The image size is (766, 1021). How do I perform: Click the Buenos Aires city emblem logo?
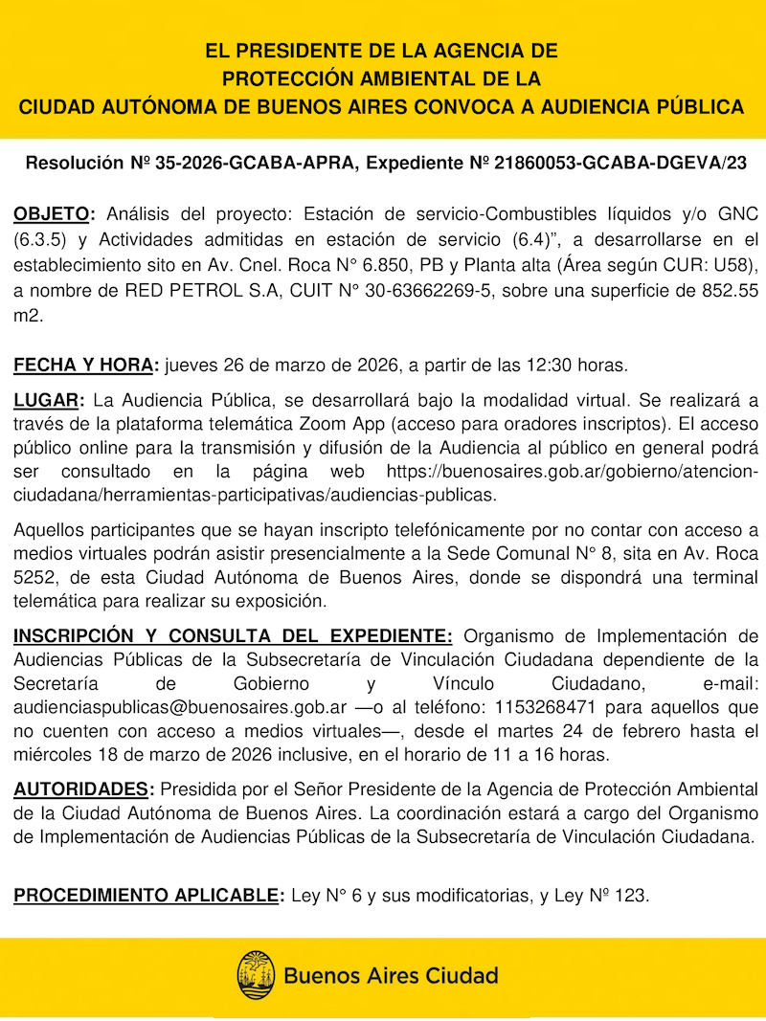(256, 975)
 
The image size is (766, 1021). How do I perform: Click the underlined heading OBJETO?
(52, 212)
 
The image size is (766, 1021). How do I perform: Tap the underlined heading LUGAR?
(48, 399)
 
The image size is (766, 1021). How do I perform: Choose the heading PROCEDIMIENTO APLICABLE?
(147, 897)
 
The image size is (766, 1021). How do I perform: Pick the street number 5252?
(34, 578)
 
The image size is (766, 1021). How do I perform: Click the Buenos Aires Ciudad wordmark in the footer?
(391, 976)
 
